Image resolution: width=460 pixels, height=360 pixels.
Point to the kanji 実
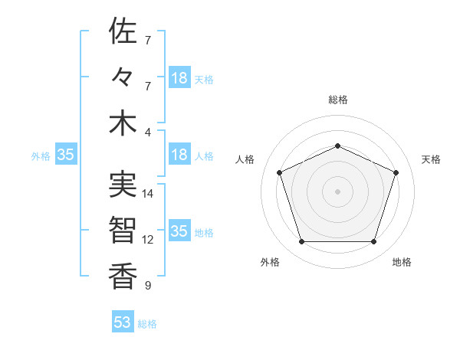click(123, 184)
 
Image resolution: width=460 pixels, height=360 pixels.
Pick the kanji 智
click(123, 230)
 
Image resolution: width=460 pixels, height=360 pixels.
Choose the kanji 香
click(123, 276)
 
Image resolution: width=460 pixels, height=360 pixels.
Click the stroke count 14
click(149, 194)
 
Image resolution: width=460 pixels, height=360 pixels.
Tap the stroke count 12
click(149, 240)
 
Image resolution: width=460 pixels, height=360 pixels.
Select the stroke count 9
click(148, 286)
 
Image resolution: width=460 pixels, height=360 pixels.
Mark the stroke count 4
click(148, 133)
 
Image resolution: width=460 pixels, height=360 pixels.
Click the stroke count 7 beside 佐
click(148, 40)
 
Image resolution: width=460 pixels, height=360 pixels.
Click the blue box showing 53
click(123, 322)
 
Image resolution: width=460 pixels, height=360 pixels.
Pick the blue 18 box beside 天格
click(179, 78)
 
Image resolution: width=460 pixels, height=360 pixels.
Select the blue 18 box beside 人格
click(179, 155)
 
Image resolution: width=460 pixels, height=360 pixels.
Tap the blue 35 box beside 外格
click(66, 155)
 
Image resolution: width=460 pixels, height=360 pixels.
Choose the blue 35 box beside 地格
click(179, 231)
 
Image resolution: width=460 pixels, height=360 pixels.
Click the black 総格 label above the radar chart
click(337, 100)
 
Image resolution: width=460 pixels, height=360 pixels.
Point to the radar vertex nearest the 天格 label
click(396, 172)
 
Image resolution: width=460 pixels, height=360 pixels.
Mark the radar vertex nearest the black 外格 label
click(301, 242)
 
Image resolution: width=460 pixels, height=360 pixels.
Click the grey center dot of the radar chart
click(337, 191)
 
